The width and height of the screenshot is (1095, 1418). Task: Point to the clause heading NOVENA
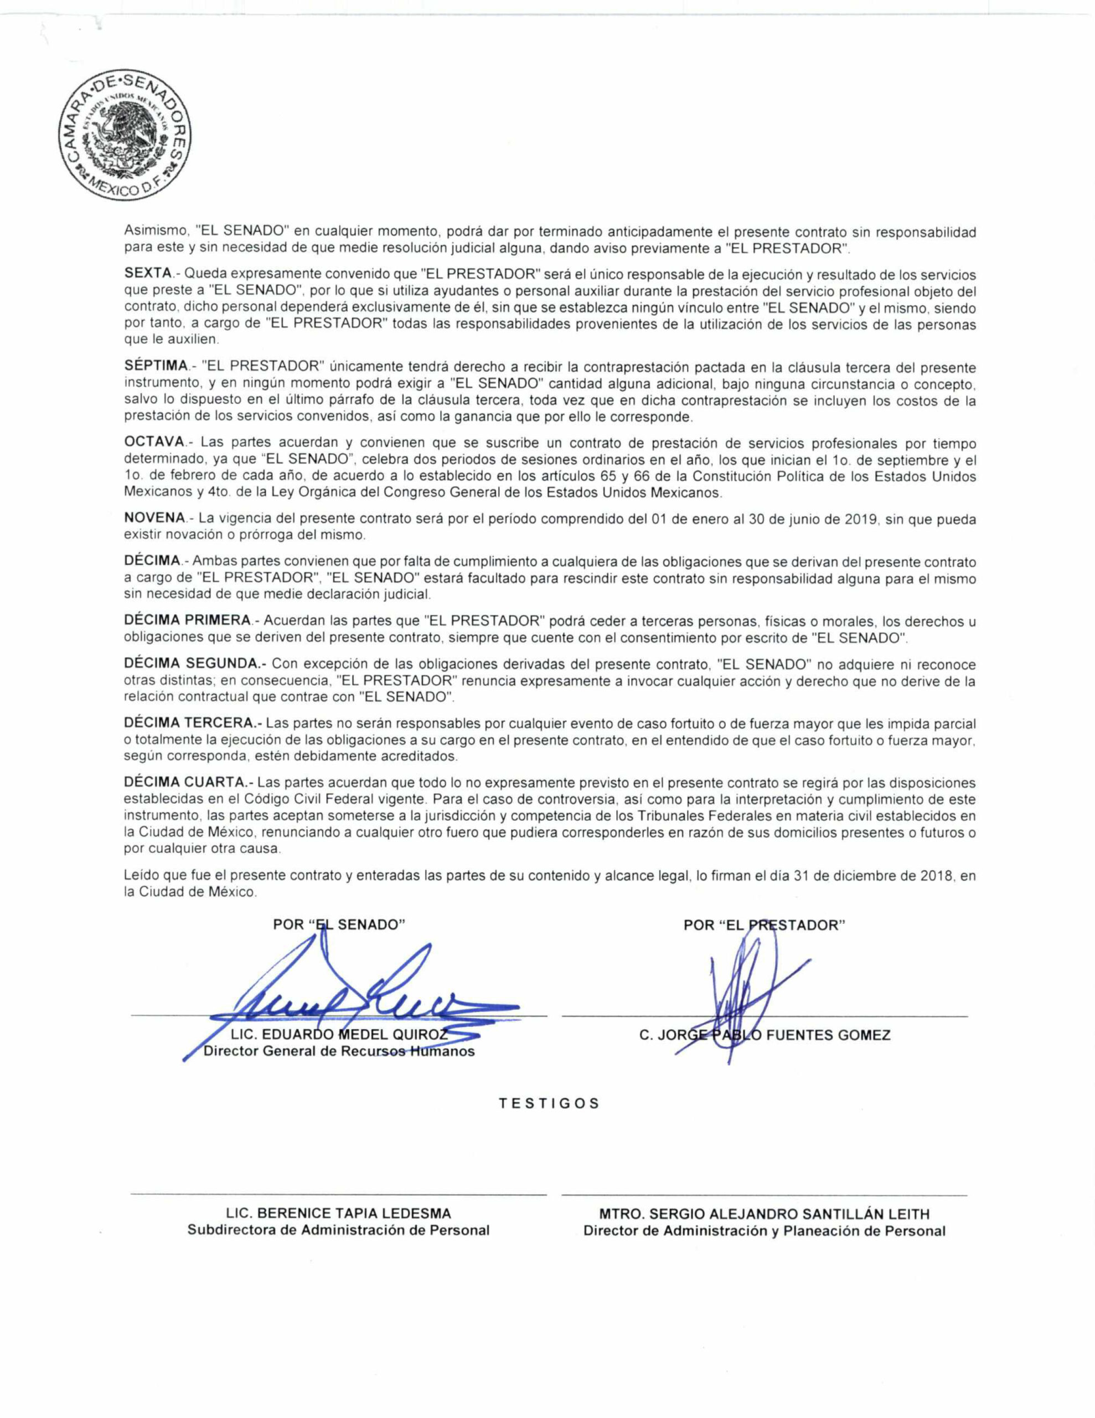tap(154, 519)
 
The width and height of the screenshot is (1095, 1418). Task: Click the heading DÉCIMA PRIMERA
tap(187, 621)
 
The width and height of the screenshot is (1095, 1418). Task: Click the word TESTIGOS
tap(549, 1104)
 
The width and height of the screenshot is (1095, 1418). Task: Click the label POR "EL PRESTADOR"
tap(764, 925)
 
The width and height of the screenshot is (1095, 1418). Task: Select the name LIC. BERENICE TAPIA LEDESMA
tap(338, 1214)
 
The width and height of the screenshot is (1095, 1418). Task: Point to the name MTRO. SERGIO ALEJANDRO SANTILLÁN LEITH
tap(764, 1214)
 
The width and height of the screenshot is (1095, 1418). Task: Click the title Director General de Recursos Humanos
tap(339, 1051)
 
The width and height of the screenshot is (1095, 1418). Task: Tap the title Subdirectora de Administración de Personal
tap(338, 1230)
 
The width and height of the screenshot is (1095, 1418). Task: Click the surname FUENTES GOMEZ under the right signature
tap(828, 1035)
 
